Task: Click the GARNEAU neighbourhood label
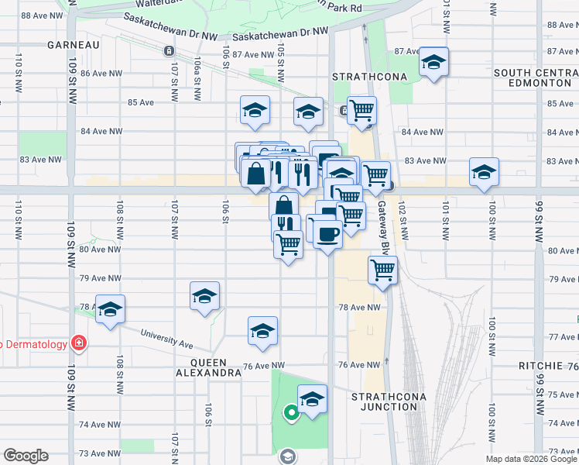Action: [x=74, y=45]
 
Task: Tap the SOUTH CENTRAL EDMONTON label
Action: [x=535, y=77]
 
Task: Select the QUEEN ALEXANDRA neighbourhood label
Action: [x=208, y=367]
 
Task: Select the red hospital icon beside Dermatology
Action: [x=78, y=343]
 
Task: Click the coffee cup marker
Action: [x=327, y=233]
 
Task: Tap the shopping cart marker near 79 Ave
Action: [x=382, y=270]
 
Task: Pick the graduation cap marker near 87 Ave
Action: [x=433, y=62]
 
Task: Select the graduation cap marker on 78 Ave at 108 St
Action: [x=110, y=308]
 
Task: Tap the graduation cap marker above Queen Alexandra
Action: [x=262, y=330]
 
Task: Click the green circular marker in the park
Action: [x=291, y=413]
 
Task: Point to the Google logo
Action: [x=26, y=456]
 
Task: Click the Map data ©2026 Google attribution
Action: [x=531, y=459]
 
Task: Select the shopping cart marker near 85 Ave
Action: [x=361, y=110]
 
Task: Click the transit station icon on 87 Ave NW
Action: [x=169, y=51]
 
